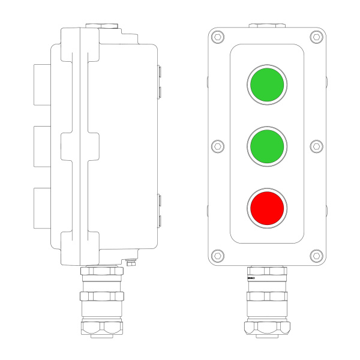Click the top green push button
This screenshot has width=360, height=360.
(266, 84)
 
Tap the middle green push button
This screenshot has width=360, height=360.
(266, 145)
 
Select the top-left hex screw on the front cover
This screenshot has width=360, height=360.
(217, 37)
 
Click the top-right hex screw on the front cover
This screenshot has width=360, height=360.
(316, 37)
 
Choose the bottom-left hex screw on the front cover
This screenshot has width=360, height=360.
(217, 255)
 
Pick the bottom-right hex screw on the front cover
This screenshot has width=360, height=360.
(316, 255)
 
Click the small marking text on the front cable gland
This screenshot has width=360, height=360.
(251, 279)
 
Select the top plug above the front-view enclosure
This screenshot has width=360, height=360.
(266, 26)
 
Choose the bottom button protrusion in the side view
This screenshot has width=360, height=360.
(43, 208)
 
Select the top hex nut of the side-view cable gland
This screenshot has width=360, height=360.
(101, 272)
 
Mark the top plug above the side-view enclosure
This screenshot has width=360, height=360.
(101, 26)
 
